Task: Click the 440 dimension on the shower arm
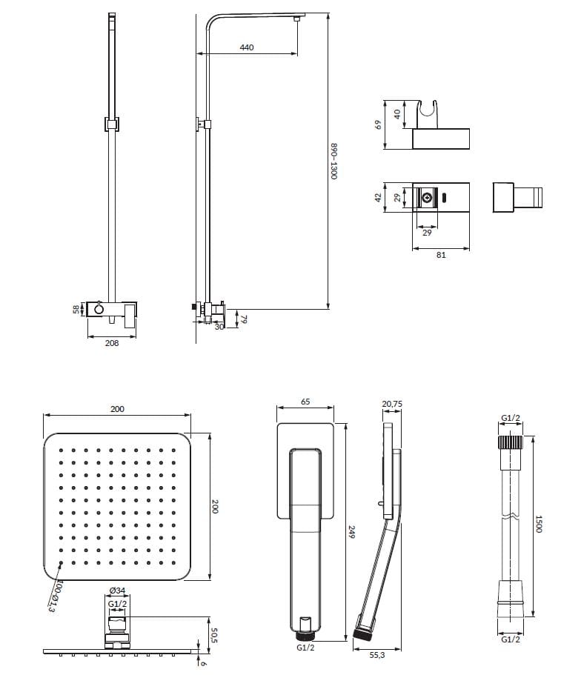[246, 47]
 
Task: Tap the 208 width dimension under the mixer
[111, 343]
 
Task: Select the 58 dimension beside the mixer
[76, 309]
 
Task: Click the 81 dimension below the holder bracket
[441, 255]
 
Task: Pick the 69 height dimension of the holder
[378, 124]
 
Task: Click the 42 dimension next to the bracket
[378, 198]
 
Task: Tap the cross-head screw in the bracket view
[427, 198]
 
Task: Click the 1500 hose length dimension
[538, 524]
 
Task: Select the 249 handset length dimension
[351, 532]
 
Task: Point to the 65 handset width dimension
[305, 402]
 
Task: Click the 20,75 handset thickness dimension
[392, 404]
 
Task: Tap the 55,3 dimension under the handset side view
[376, 655]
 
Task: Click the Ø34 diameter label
[117, 591]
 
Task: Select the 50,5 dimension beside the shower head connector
[214, 635]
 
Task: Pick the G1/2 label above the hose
[511, 418]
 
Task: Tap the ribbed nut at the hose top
[511, 442]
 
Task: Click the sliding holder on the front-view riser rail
[112, 124]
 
